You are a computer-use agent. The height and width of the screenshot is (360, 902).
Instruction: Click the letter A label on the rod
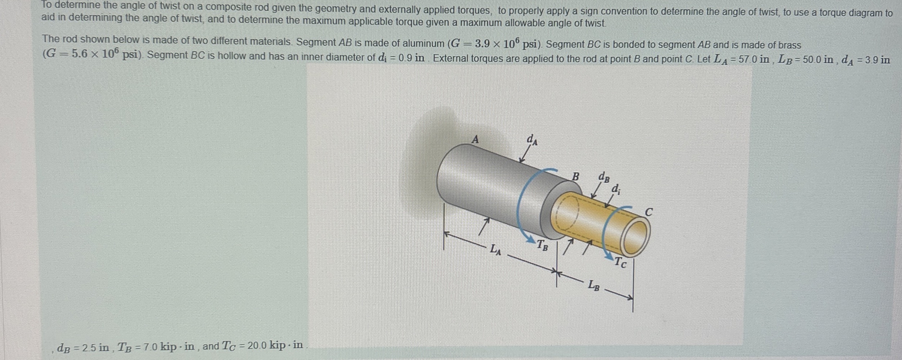pyautogui.click(x=475, y=139)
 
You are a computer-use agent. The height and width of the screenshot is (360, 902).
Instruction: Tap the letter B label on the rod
pyautogui.click(x=576, y=177)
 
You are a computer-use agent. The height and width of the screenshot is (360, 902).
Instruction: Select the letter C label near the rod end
pyautogui.click(x=648, y=212)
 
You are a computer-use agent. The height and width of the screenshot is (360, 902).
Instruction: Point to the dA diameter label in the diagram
pyautogui.click(x=532, y=140)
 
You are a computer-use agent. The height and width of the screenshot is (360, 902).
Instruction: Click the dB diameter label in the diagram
pyautogui.click(x=604, y=177)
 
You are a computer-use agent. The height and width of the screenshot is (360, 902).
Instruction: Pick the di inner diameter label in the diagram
pyautogui.click(x=616, y=188)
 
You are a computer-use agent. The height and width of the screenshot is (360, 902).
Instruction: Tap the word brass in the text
pyautogui.click(x=789, y=45)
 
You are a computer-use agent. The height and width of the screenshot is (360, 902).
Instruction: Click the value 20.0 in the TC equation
pyautogui.click(x=257, y=345)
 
